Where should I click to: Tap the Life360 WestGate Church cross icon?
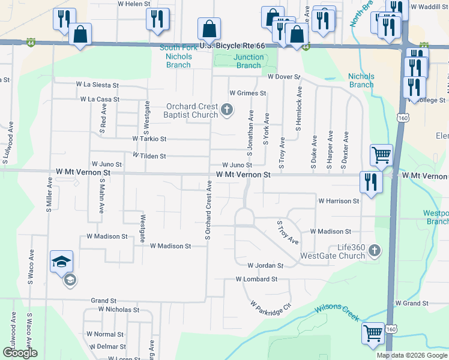click(374, 250)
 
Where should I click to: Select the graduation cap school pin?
click(62, 261)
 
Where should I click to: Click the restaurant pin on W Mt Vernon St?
click(370, 182)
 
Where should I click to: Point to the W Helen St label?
click(134, 4)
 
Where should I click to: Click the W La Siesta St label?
click(97, 86)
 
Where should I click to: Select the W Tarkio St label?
click(149, 139)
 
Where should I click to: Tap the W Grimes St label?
click(247, 94)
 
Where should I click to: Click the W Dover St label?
click(283, 77)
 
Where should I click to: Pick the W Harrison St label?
click(339, 201)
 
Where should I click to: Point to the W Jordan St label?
click(265, 265)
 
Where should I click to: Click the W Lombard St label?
click(256, 279)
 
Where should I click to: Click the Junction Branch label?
click(249, 61)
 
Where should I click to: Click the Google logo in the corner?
click(20, 353)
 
